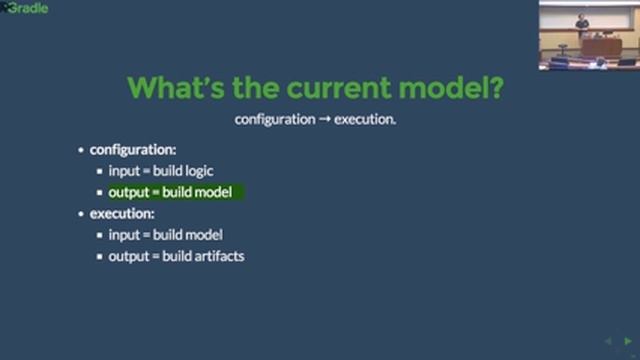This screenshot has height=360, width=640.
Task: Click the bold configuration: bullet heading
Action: point(133,150)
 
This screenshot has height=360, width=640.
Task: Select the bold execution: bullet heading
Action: point(122,213)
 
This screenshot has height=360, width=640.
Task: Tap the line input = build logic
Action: point(161,171)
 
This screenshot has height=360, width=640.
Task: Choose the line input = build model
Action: point(165,235)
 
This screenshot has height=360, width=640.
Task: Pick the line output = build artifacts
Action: point(176,256)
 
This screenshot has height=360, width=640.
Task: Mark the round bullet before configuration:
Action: point(81,150)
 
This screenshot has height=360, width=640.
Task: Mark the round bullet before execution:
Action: point(81,214)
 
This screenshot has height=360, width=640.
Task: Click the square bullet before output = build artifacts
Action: point(100,257)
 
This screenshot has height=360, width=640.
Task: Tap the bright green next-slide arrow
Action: point(627,342)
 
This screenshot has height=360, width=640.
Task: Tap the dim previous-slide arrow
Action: point(609,342)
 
